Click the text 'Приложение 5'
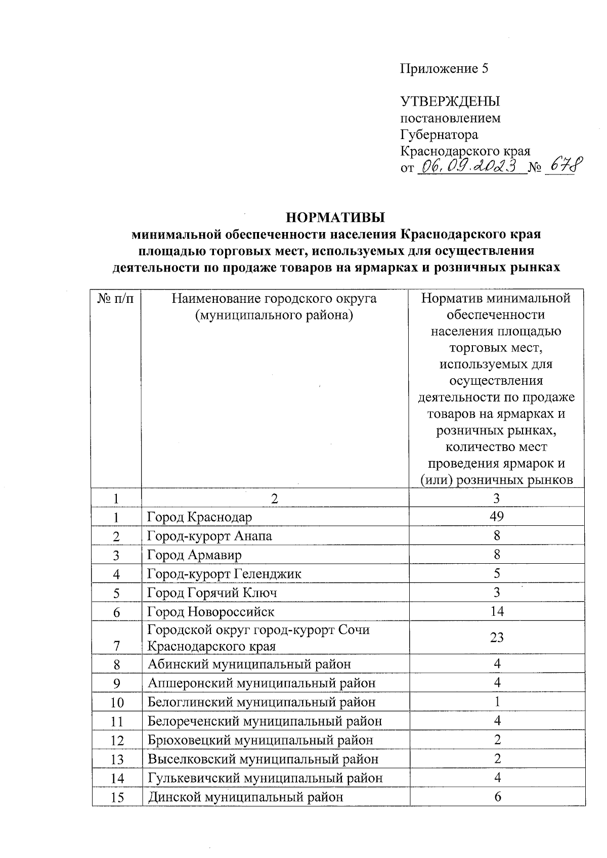coord(444,69)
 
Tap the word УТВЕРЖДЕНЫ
coord(450,102)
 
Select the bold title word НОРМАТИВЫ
coord(335,218)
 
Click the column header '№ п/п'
coord(116,298)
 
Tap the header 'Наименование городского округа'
coord(274,299)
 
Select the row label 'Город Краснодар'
coord(199,517)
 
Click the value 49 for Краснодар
coord(497,516)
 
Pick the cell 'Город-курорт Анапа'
coord(209,536)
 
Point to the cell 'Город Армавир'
coord(194,555)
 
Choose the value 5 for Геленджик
coord(497,573)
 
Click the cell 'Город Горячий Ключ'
coord(212,593)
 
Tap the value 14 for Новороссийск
coord(497,612)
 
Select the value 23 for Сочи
coord(497,637)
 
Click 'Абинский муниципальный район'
coord(249,664)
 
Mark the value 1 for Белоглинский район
coord(497,702)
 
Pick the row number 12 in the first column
coord(117,741)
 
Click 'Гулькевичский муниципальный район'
coord(265,778)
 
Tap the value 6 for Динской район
coord(497,797)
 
